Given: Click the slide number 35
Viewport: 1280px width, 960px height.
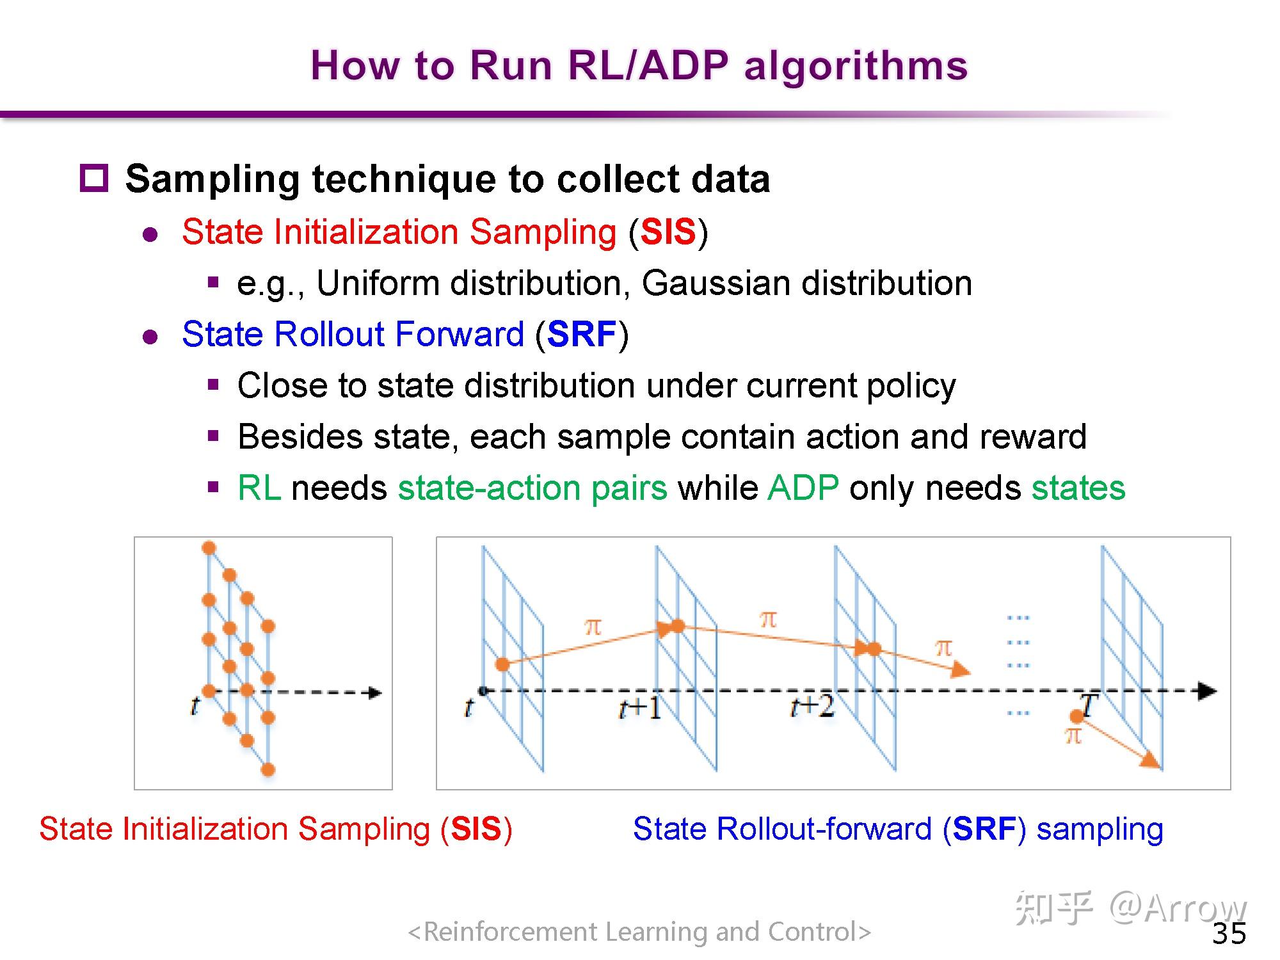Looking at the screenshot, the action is (x=1229, y=934).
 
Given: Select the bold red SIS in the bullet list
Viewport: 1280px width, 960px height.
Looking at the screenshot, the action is (x=668, y=232).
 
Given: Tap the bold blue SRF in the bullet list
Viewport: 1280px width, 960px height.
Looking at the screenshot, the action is (x=582, y=334).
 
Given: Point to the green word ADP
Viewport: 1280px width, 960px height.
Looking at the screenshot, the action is (x=803, y=488).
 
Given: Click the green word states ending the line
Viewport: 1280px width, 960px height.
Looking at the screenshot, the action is (x=1078, y=488).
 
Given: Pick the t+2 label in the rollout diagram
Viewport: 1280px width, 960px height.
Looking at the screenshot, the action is (x=812, y=707).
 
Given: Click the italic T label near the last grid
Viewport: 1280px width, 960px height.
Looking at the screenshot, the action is (x=1089, y=706).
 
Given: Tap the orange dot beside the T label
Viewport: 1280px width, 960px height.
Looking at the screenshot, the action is (x=1076, y=717).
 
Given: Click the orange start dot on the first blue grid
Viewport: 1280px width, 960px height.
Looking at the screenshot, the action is (x=502, y=664).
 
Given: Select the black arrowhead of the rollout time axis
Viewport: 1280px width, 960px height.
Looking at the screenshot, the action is (x=1207, y=691).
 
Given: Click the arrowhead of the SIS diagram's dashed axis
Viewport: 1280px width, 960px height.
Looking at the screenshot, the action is (x=375, y=692).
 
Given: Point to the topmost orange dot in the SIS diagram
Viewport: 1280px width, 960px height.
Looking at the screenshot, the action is (x=209, y=548).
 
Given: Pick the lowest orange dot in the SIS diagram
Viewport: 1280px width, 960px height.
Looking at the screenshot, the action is (x=268, y=769).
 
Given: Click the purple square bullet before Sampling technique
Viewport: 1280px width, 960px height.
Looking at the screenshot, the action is (x=94, y=178).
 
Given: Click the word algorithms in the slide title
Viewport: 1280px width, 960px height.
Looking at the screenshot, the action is (x=856, y=67).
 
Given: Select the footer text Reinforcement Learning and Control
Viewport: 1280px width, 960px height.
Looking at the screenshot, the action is (x=640, y=932).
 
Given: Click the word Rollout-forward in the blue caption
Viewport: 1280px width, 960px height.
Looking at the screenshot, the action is (x=824, y=829).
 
